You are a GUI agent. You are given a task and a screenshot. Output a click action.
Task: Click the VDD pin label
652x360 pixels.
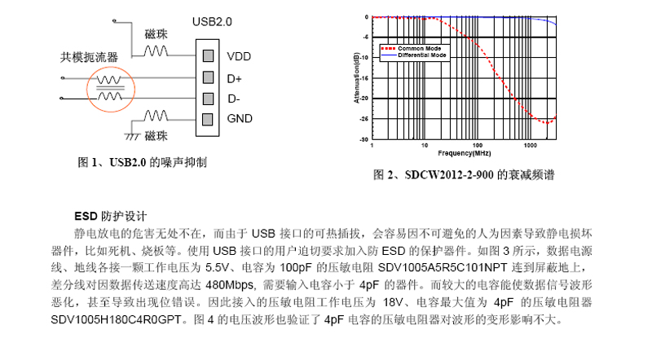(240, 57)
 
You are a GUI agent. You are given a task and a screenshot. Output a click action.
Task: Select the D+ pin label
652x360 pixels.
(235, 79)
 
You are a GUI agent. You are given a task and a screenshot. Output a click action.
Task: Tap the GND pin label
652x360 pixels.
(240, 120)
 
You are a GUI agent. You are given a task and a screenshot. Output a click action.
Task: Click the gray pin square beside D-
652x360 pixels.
(209, 99)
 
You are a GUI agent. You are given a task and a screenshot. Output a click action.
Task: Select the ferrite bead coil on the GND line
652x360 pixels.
(156, 115)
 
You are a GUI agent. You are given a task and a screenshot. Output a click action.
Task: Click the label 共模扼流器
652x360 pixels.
(90, 58)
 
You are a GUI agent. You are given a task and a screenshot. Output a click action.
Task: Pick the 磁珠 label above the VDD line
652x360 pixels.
(156, 34)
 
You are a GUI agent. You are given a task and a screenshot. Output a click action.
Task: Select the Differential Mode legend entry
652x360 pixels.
(421, 55)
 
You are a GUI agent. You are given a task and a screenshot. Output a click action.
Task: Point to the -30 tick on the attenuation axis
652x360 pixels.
(366, 140)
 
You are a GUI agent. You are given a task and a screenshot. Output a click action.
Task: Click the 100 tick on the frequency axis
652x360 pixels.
(478, 146)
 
